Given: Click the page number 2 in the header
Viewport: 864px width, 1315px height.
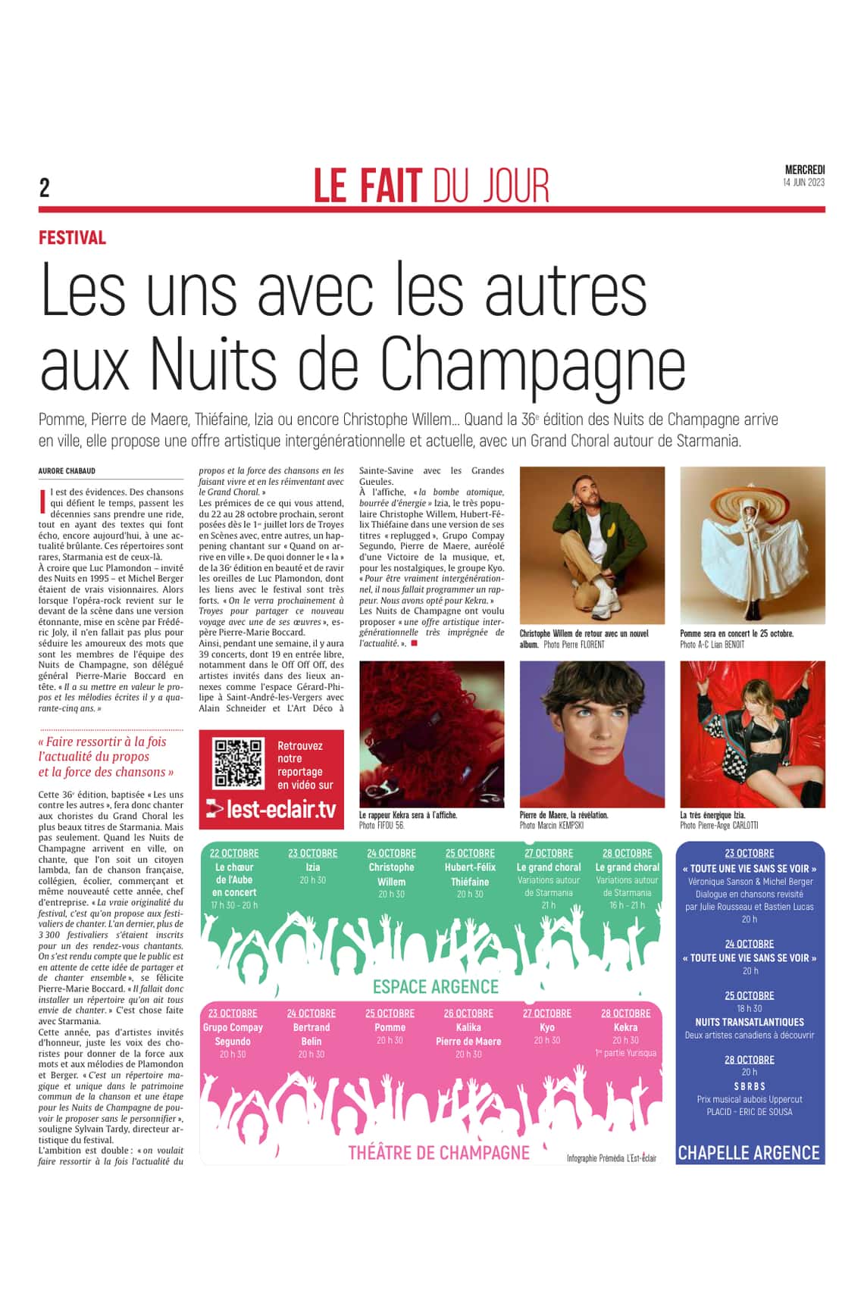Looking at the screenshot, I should [45, 187].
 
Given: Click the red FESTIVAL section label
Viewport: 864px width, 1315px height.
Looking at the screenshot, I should [72, 238].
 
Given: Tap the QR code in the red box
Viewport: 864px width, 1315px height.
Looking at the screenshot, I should [239, 763].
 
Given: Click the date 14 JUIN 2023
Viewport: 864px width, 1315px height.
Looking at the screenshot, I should [803, 183].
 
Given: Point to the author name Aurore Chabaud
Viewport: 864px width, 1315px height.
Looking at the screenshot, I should [67, 471].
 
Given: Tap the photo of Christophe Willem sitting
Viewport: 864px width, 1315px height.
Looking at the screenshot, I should [592, 545].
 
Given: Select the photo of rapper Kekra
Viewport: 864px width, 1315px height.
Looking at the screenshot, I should [431, 733].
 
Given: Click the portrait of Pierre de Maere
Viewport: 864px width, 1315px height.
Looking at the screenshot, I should [592, 733].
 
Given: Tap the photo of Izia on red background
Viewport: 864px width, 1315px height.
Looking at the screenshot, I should [753, 733].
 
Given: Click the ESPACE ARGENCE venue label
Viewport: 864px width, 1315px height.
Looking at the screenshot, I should [436, 986].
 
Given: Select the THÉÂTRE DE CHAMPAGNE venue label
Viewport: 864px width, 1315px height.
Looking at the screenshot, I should [439, 1152].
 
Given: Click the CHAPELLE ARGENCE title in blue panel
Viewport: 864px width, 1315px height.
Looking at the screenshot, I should [749, 1153].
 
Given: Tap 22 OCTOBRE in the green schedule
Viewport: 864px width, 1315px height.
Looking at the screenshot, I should [234, 853].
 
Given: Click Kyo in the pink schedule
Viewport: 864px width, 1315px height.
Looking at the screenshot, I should [547, 1027].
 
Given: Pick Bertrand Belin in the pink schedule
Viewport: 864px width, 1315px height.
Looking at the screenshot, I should [311, 1034].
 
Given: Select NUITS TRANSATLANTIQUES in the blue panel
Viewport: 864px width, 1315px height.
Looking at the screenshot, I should [750, 1022].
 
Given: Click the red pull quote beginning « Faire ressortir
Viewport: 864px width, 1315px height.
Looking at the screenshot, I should [106, 757].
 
